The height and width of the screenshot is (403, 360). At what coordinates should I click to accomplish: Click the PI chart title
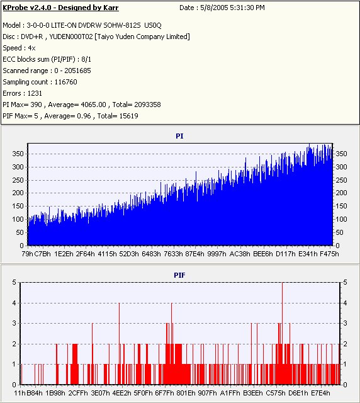pos(179,136)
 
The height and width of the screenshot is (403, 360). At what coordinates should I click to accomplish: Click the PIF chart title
pos(179,275)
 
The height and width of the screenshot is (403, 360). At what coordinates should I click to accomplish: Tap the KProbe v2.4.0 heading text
pos(60,8)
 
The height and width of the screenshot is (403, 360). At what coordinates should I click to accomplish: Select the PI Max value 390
pos(37,105)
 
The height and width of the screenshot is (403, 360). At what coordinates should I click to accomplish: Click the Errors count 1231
pos(35,93)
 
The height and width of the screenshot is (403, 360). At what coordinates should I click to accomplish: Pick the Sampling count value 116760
pos(66,82)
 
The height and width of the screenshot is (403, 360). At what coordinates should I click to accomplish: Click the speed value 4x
pos(31,48)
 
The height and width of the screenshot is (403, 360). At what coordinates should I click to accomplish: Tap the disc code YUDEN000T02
pos(71,37)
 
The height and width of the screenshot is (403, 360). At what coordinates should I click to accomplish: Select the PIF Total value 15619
pos(129,116)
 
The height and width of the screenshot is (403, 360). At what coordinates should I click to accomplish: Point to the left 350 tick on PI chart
pos(18,154)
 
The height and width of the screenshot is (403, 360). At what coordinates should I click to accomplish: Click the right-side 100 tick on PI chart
pos(342,219)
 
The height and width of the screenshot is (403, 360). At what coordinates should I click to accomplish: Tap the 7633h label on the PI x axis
pos(173,254)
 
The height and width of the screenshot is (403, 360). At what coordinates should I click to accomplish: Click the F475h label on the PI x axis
pos(329,254)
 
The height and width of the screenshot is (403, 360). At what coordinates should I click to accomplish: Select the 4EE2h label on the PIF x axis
pos(121,393)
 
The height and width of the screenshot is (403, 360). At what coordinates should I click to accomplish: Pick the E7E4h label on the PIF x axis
pos(320,393)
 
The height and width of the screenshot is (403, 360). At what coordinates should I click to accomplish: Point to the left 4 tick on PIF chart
pos(14,303)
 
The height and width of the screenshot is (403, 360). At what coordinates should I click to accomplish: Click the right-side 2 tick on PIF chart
pos(345,344)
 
